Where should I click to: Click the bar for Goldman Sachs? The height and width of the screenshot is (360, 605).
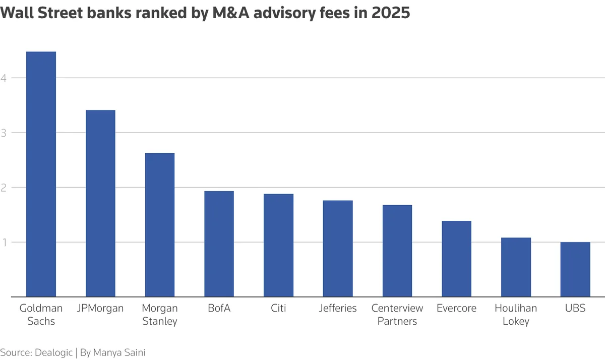(x=41, y=174)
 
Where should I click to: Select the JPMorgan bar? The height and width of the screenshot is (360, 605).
(x=100, y=203)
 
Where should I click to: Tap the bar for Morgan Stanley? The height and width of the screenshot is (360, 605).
(x=160, y=225)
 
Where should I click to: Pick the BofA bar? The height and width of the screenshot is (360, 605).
(x=219, y=244)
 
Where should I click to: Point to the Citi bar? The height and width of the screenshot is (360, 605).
(x=278, y=246)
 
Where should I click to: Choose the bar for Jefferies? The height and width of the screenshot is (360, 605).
(x=338, y=249)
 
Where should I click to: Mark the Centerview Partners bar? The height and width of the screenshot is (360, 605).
(x=397, y=251)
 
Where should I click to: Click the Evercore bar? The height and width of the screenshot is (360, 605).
(x=456, y=259)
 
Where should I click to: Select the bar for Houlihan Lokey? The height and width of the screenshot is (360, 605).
(x=516, y=267)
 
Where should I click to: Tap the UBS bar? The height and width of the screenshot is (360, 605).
(x=575, y=269)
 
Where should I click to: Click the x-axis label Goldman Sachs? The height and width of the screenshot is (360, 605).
(x=41, y=314)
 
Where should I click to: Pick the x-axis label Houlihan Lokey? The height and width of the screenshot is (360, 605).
(x=516, y=314)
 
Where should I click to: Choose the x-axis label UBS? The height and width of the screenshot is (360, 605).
(x=575, y=308)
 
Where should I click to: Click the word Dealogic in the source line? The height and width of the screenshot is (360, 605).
(x=53, y=352)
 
